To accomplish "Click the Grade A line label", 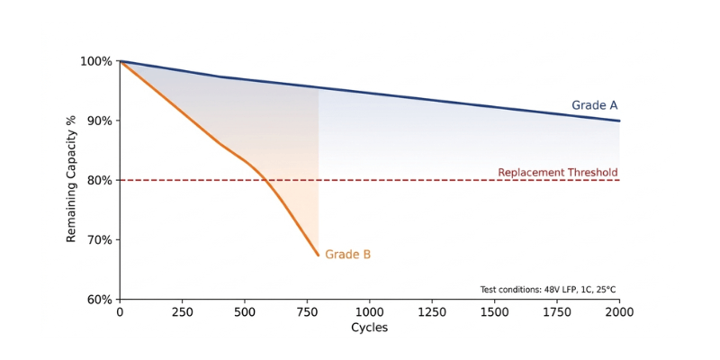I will pyautogui.click(x=594, y=105).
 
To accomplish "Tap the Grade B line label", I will pyautogui.click(x=347, y=255).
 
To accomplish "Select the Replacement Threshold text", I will pyautogui.click(x=557, y=173).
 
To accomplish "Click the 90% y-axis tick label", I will pyautogui.click(x=100, y=121).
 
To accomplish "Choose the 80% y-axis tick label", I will pyautogui.click(x=100, y=180).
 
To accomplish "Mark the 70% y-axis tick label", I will pyautogui.click(x=100, y=240).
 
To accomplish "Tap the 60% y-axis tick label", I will pyautogui.click(x=100, y=300).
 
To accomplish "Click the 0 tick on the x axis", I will pyautogui.click(x=120, y=311).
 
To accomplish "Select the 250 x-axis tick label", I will pyautogui.click(x=182, y=311).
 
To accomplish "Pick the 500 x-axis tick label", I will pyautogui.click(x=245, y=311).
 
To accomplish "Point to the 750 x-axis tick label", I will pyautogui.click(x=307, y=311).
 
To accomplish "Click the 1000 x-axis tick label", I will pyautogui.click(x=370, y=311).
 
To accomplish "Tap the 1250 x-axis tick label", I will pyautogui.click(x=432, y=311).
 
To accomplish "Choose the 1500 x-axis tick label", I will pyautogui.click(x=495, y=311).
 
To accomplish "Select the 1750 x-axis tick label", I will pyautogui.click(x=557, y=311).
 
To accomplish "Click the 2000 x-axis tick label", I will pyautogui.click(x=619, y=311).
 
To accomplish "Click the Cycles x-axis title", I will pyautogui.click(x=369, y=328).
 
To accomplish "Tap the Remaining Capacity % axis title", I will pyautogui.click(x=71, y=180).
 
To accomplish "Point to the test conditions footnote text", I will pyautogui.click(x=548, y=290).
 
